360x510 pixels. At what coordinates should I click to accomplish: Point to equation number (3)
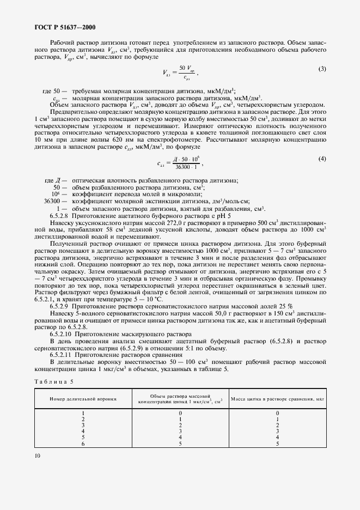[321, 69]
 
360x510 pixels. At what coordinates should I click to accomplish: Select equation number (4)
[321, 159]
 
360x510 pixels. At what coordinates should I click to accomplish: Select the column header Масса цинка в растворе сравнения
[277, 399]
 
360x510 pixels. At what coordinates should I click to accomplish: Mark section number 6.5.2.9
[61, 306]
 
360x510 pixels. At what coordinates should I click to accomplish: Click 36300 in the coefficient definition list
[52, 202]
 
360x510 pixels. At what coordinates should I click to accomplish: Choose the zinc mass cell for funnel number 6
[277, 443]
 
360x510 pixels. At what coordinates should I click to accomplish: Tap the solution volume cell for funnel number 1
[180, 413]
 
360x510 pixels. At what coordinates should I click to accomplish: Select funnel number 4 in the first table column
[83, 431]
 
